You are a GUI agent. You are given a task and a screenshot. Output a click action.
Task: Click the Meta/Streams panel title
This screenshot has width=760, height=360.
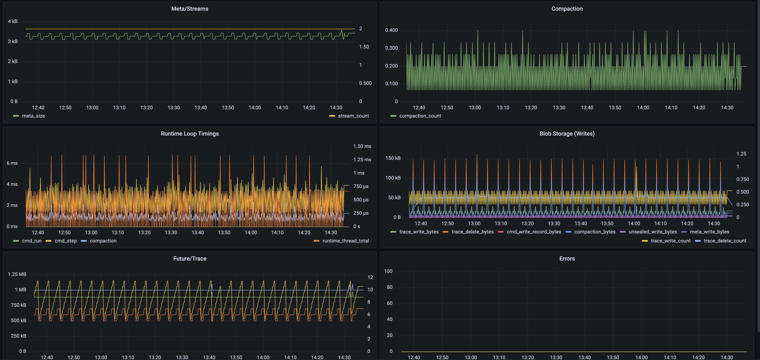(x=190, y=9)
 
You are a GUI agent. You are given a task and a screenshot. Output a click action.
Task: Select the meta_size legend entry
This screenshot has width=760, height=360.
(x=33, y=116)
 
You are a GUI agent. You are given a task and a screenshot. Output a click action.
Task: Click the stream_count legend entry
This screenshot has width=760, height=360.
(x=353, y=116)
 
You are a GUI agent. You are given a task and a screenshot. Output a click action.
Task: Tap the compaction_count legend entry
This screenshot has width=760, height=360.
(x=420, y=116)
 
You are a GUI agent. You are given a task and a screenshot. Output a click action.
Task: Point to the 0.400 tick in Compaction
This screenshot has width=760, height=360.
(x=391, y=30)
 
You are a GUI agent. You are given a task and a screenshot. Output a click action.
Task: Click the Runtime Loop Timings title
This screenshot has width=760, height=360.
(x=190, y=134)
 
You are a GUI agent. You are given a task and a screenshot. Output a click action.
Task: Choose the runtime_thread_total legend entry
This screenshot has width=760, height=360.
(x=345, y=241)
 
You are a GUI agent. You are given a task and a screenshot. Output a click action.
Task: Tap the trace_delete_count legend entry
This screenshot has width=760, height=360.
(x=725, y=241)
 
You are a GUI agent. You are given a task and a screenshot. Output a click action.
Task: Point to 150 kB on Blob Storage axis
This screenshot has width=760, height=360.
(x=393, y=158)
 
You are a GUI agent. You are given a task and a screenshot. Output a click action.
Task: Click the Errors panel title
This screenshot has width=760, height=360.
(x=567, y=258)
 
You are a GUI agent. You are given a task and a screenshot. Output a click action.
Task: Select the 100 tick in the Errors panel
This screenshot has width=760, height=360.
(x=388, y=271)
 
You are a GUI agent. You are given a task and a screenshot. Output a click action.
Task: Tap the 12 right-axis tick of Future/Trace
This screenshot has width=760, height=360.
(x=370, y=277)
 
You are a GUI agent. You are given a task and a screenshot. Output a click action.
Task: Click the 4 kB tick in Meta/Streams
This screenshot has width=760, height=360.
(x=13, y=21)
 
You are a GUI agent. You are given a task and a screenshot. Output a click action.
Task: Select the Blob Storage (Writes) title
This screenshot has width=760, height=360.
(x=567, y=134)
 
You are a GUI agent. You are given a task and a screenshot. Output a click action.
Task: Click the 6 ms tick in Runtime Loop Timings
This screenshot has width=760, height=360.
(x=12, y=163)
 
